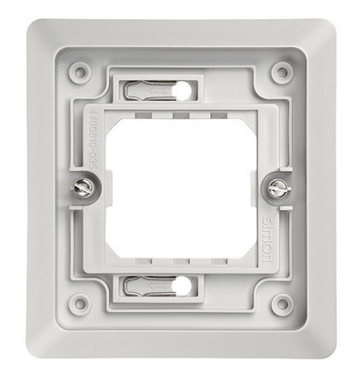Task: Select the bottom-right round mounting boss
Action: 282,303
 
